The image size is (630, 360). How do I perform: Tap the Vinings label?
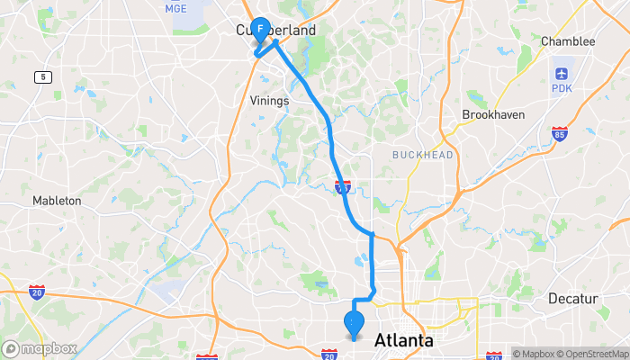tap(269, 101)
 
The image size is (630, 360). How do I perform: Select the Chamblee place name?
tap(568, 41)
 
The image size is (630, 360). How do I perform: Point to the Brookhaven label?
tap(492, 115)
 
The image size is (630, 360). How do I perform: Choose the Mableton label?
tap(57, 201)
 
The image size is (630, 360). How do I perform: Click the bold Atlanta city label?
tap(403, 340)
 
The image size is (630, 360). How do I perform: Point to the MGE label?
tap(175, 9)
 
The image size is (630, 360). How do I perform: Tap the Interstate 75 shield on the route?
tap(342, 186)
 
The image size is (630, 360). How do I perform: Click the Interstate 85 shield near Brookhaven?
tap(559, 134)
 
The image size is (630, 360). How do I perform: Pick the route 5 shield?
tap(41, 77)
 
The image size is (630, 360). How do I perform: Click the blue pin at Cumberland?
tap(260, 31)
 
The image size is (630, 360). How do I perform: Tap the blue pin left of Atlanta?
tap(354, 322)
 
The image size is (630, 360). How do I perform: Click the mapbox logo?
tap(40, 348)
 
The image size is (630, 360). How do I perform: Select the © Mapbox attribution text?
tap(535, 353)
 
